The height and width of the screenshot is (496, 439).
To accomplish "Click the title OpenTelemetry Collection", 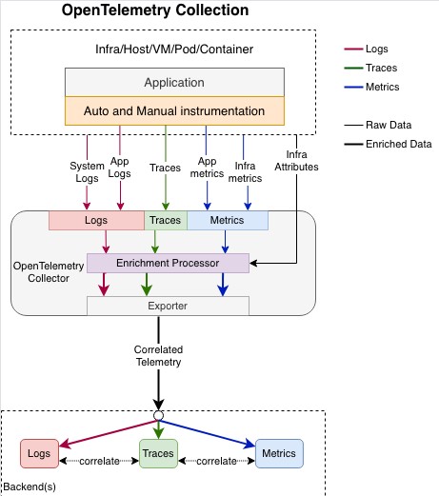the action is pyautogui.click(x=155, y=10).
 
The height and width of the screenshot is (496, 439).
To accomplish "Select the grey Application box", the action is pyautogui.click(x=174, y=82).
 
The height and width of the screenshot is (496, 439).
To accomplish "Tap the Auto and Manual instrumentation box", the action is pyautogui.click(x=174, y=110).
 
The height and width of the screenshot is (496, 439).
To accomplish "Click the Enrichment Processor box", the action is pyautogui.click(x=168, y=263).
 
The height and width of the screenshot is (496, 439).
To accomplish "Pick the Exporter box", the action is pyautogui.click(x=168, y=306).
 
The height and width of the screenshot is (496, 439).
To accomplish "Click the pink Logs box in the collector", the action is pyautogui.click(x=96, y=220).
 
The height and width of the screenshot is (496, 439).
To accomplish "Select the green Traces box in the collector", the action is pyautogui.click(x=166, y=220).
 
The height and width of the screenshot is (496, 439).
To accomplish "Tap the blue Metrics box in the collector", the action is pyautogui.click(x=228, y=220).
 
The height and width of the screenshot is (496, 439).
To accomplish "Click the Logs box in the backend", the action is pyautogui.click(x=39, y=453).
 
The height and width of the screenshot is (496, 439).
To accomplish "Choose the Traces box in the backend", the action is pyautogui.click(x=158, y=453).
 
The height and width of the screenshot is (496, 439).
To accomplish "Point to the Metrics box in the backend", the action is pyautogui.click(x=279, y=453).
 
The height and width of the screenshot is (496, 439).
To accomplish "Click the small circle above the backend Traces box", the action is pyautogui.click(x=158, y=415).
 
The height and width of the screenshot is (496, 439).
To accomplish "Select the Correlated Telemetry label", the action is pyautogui.click(x=158, y=356).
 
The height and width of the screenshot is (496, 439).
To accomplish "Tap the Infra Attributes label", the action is pyautogui.click(x=296, y=161).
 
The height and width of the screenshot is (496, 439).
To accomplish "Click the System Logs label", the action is pyautogui.click(x=87, y=171).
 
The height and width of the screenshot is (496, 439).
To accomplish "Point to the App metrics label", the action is pyautogui.click(x=207, y=168).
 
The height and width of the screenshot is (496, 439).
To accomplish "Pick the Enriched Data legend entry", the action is pyautogui.click(x=388, y=144).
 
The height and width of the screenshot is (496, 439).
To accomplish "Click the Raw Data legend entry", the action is pyautogui.click(x=378, y=125).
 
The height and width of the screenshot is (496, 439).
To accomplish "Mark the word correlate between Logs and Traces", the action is pyautogui.click(x=99, y=461).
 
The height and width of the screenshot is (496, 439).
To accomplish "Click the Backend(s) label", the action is pyautogui.click(x=30, y=486).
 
